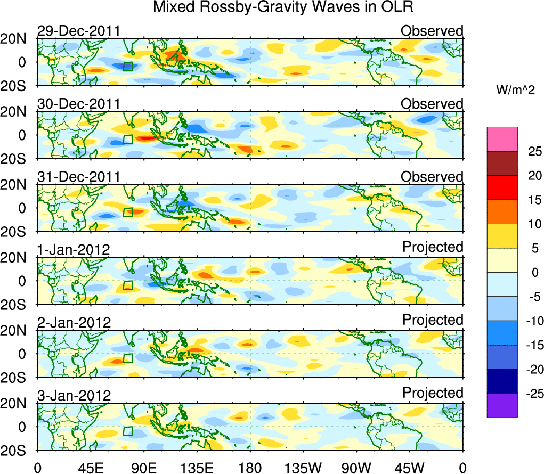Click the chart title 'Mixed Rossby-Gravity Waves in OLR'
(283, 7)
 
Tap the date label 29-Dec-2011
(78, 31)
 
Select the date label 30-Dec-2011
(78, 104)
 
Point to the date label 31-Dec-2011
(78, 177)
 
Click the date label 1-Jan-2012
(74, 249)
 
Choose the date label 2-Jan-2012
(74, 322)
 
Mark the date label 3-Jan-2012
(74, 395)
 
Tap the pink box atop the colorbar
(502, 139)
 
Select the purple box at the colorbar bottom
(502, 405)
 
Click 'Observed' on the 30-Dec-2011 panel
(432, 104)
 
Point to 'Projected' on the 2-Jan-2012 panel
(433, 320)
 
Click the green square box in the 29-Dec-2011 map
(127, 66)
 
